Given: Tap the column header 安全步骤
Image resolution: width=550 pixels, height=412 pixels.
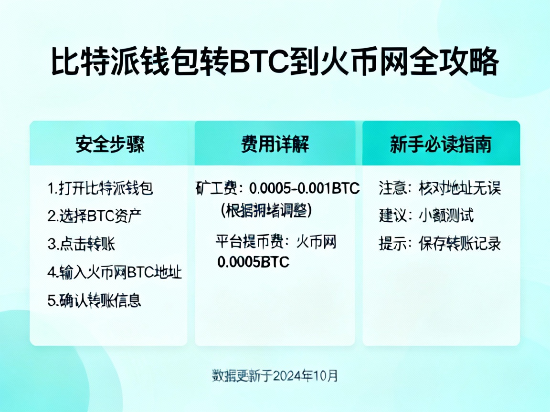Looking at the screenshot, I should click(109, 144).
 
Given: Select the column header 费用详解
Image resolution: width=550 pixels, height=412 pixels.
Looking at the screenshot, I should click(275, 144).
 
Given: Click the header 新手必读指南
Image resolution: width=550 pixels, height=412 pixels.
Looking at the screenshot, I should click(440, 144).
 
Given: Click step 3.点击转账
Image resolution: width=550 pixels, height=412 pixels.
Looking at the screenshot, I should click(81, 244).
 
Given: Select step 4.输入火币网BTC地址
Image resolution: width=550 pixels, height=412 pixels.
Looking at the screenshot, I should click(115, 272).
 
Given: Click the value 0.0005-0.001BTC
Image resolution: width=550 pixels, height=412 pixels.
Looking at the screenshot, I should click(305, 189).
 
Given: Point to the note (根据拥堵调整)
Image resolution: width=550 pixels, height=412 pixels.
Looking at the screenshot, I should click(266, 210).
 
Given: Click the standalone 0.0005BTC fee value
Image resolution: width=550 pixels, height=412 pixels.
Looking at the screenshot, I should click(253, 262).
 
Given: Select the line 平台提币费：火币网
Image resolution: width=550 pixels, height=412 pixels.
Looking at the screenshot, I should click(275, 242).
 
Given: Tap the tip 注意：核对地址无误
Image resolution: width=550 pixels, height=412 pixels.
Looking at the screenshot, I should click(440, 188).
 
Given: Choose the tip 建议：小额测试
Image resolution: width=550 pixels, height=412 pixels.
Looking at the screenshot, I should click(426, 216).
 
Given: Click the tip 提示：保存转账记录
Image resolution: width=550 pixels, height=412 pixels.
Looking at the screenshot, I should click(440, 244).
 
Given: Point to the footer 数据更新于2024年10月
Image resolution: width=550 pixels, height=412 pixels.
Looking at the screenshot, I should click(275, 375).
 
